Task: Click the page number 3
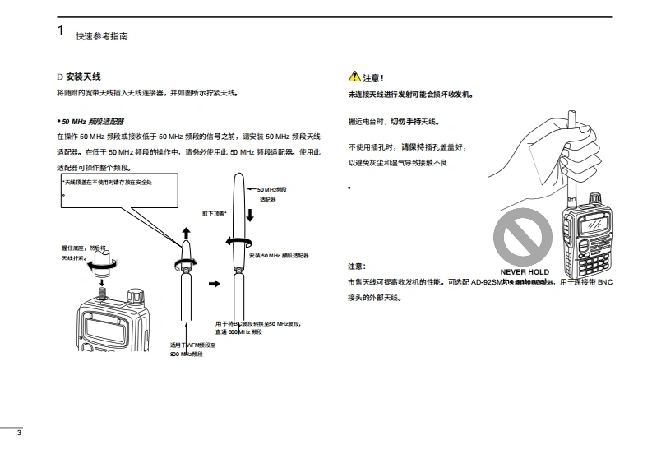(x=7, y=433)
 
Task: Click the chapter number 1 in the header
(x=60, y=30)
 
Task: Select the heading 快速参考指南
(x=102, y=37)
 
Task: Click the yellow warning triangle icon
(x=354, y=77)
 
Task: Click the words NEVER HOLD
(x=525, y=271)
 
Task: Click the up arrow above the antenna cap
(x=185, y=234)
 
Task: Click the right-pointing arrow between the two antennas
(x=216, y=283)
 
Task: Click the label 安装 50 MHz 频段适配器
(x=279, y=256)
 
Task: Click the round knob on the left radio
(x=136, y=294)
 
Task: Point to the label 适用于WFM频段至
(x=192, y=344)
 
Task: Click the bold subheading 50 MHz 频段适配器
(x=90, y=121)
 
